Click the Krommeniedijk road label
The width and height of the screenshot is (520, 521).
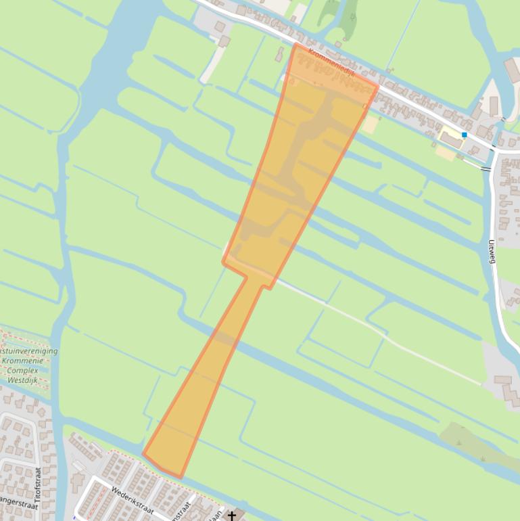[331, 62]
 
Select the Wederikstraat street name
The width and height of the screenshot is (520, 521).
[133, 500]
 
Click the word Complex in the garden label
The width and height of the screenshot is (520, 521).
[27, 371]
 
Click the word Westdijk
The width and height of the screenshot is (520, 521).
[27, 380]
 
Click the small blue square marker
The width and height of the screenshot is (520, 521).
[465, 135]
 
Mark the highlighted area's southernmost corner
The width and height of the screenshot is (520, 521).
[181, 478]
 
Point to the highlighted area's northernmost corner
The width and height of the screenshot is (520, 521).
[296, 44]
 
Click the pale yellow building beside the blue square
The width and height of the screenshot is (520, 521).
[451, 139]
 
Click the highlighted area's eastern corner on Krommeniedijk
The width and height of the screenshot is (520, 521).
[377, 87]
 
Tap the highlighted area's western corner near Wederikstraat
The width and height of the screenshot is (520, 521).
[143, 455]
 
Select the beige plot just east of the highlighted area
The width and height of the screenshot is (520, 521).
[369, 124]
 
